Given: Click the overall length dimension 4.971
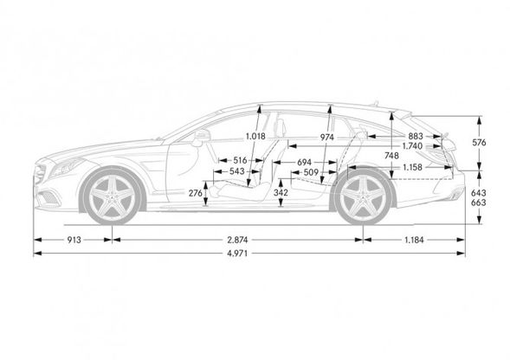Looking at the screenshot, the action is (237, 254).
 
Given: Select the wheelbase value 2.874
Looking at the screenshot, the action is (237, 240).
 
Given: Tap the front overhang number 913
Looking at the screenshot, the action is (74, 240).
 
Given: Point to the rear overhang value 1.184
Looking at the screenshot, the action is (414, 240).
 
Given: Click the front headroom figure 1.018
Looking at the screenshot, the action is (255, 136).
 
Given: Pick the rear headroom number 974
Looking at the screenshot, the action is (326, 138).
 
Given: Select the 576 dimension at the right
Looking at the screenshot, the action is (480, 143).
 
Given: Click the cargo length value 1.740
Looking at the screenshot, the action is (412, 146).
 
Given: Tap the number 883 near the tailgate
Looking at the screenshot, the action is (416, 136).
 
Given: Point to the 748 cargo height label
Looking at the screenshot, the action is (391, 156).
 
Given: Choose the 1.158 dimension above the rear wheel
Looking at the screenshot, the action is (412, 167).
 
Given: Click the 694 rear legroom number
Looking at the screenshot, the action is (305, 162).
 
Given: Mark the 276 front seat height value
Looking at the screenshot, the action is (196, 193).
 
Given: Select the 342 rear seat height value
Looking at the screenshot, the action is (281, 192).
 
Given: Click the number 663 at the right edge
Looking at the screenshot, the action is (479, 202).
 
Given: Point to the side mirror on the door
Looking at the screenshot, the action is (202, 136).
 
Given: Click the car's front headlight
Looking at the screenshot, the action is (67, 166).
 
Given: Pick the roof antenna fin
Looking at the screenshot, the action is (376, 102).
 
